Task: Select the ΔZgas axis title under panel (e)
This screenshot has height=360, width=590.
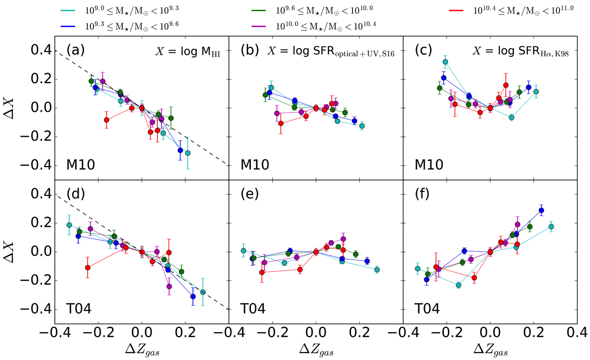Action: pos(316,348)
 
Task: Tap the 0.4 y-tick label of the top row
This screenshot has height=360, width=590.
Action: pos(38,50)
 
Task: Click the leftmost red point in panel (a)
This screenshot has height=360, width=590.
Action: pos(107,120)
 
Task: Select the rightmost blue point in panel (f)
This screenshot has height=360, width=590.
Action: pos(541,210)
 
